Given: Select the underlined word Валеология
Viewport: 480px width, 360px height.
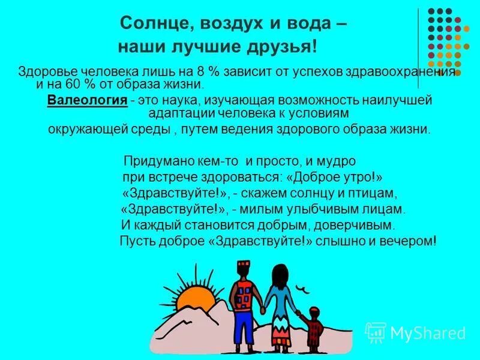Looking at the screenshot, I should pos(87,101).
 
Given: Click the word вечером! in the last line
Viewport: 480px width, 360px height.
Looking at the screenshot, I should pos(407,241).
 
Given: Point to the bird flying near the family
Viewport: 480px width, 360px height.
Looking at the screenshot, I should pos(307,289).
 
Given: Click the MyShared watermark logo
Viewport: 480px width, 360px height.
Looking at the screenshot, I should pos(416,333).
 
